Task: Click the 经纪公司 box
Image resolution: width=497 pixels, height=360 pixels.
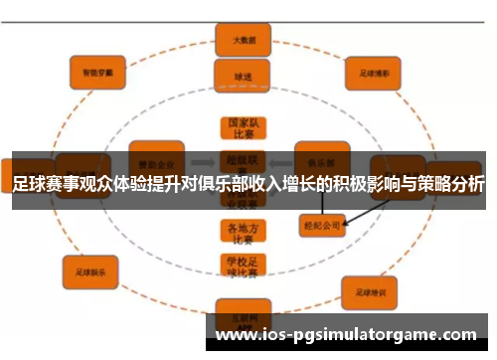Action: tap(321, 226)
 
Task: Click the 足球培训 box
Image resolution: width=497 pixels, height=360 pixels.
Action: tap(370, 291)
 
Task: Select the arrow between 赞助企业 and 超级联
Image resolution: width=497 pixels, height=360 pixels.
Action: tap(203, 158)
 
